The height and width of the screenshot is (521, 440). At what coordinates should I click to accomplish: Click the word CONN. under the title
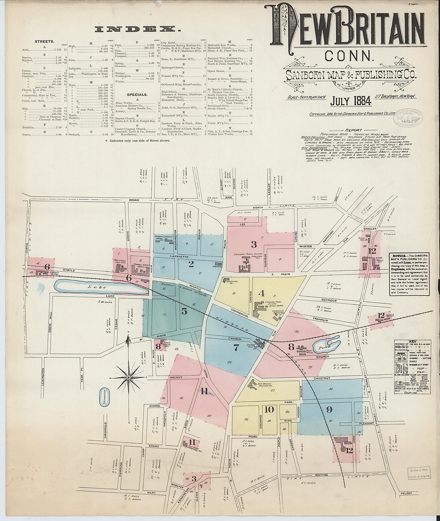pyautogui.click(x=349, y=55)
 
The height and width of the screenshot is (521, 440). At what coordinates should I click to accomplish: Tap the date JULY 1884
pyautogui.click(x=350, y=101)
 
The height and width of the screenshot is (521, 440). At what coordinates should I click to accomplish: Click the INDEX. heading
pyautogui.click(x=136, y=29)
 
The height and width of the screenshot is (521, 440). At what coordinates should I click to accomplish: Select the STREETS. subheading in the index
pyautogui.click(x=44, y=41)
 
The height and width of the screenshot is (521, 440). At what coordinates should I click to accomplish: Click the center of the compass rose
pyautogui.click(x=128, y=377)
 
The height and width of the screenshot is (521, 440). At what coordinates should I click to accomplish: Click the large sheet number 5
pyautogui.click(x=184, y=311)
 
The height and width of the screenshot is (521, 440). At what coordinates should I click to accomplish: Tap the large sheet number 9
pyautogui.click(x=329, y=409)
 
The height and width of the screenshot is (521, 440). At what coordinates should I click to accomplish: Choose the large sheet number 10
pyautogui.click(x=269, y=409)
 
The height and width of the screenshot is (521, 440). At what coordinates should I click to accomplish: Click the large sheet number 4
pyautogui.click(x=262, y=293)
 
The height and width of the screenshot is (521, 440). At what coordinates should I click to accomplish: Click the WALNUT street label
pyautogui.click(x=176, y=377)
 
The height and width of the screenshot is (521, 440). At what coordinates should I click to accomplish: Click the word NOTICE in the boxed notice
pyautogui.click(x=398, y=255)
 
